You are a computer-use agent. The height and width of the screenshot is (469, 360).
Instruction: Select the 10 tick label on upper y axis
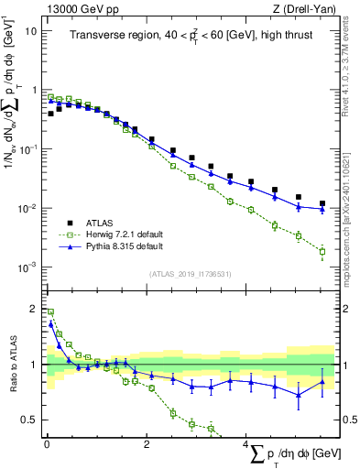pos(29,30)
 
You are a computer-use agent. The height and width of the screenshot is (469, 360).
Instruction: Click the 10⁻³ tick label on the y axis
pos(27,267)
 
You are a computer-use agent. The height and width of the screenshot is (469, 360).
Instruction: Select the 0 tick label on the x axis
pos(46,444)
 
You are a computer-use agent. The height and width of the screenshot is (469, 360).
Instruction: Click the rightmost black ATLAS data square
pos(322,203)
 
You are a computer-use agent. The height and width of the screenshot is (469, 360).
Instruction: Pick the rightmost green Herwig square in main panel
pos(322,251)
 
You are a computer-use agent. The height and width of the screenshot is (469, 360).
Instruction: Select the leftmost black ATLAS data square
pos(50,115)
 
